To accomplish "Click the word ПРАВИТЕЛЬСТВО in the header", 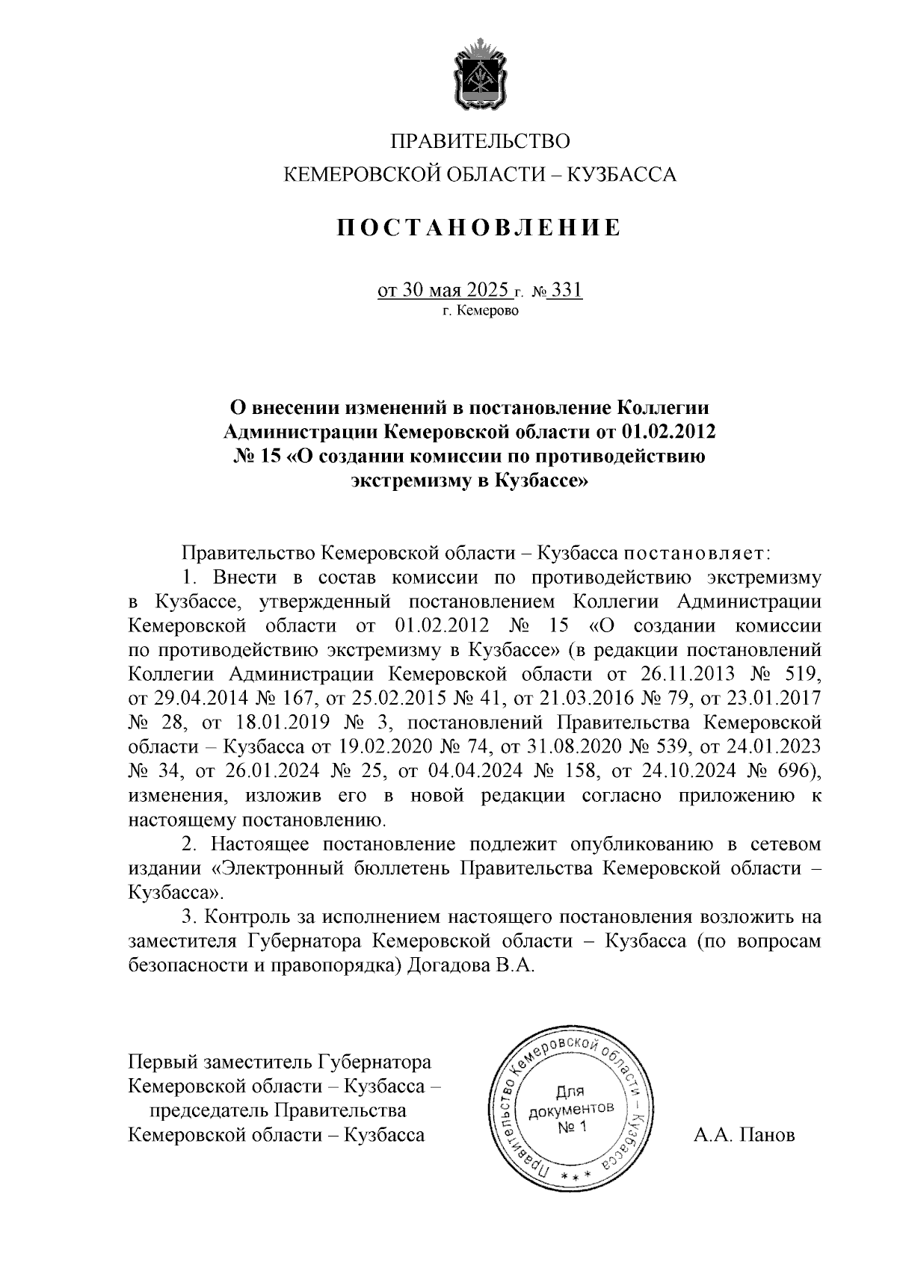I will [x=481, y=140].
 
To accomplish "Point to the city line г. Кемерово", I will [x=479, y=310].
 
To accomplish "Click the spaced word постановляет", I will [x=692, y=554].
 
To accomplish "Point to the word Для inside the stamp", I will [x=571, y=1092].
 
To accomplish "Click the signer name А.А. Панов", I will [x=744, y=1136].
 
